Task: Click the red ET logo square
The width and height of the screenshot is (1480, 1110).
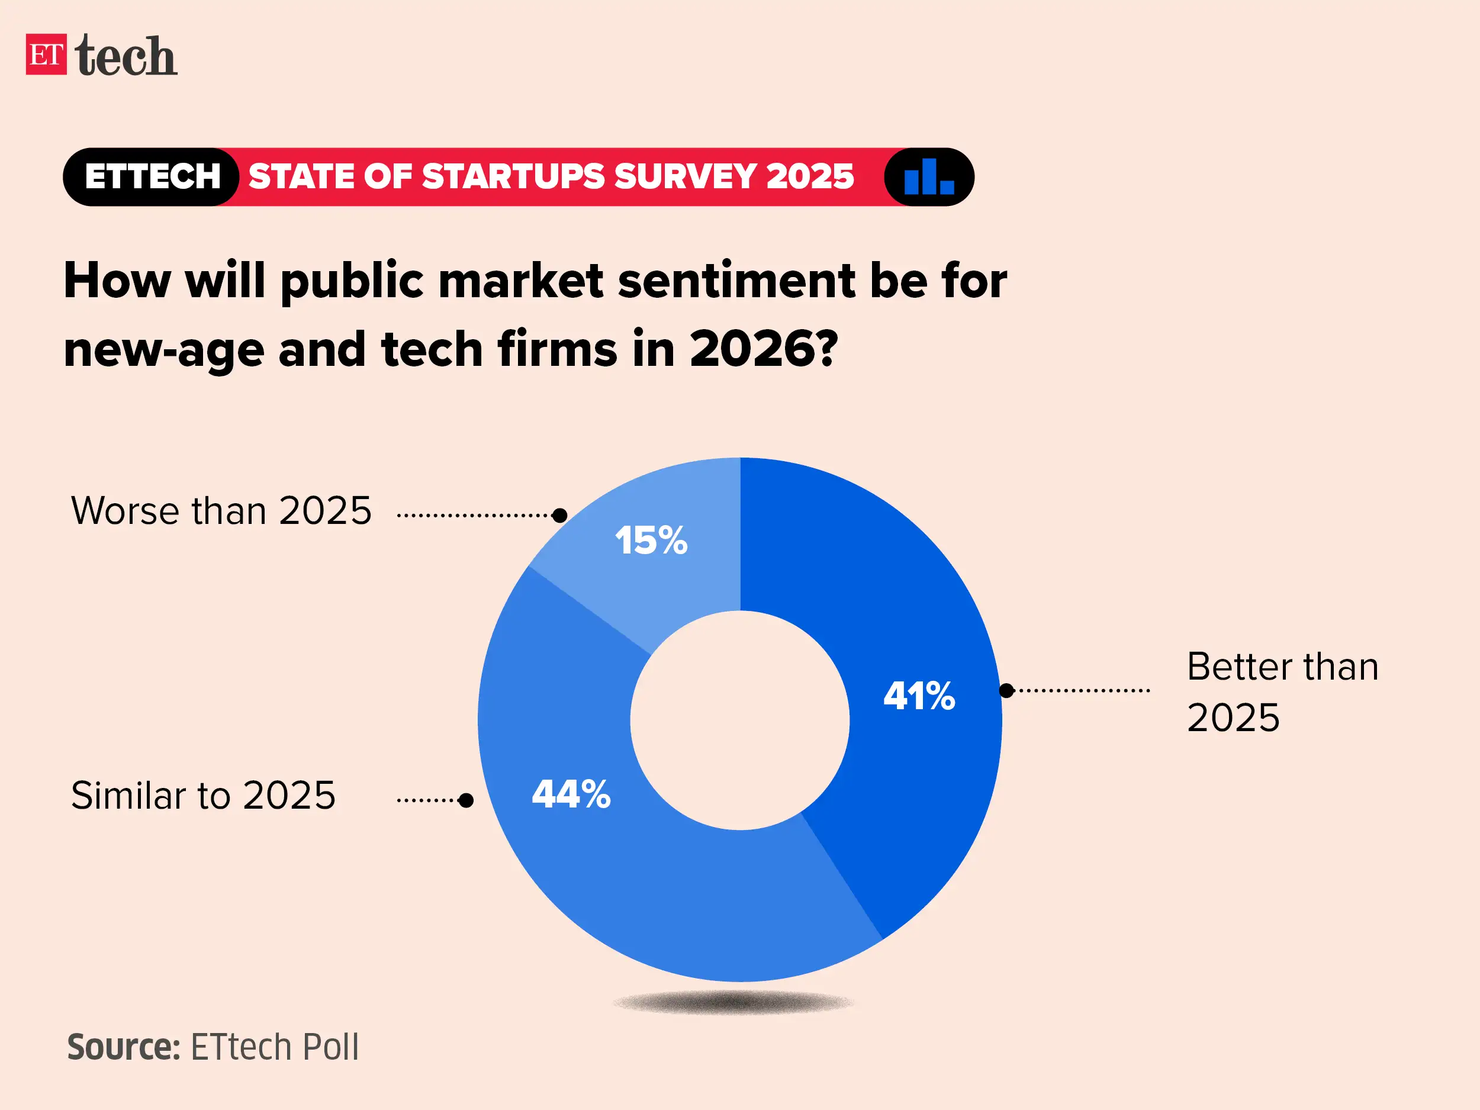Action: pos(46,54)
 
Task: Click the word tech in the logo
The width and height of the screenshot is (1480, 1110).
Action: pos(126,56)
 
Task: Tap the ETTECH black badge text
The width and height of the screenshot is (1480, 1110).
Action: pos(153,176)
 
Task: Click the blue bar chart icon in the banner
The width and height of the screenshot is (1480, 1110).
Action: pos(928,176)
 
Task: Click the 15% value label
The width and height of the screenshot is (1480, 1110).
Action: pos(651,540)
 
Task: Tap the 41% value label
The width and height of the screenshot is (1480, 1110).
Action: pos(919,696)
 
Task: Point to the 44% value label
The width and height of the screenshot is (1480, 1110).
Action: pos(571,794)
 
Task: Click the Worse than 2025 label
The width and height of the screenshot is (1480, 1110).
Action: pos(221,511)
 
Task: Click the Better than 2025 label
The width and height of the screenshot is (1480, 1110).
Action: pos(1282,692)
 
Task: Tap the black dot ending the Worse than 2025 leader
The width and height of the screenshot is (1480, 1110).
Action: pos(560,515)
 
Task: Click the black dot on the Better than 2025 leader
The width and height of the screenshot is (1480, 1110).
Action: pos(1006,690)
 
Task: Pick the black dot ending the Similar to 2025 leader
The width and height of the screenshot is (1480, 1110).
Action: pos(466,800)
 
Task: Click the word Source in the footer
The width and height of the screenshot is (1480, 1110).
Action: pos(124,1047)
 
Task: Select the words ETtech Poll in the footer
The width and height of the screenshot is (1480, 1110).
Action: pos(274,1047)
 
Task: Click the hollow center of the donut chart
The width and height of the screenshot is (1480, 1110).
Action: pos(740,720)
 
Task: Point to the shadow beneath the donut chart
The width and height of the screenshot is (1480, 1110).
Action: pos(733,1002)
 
